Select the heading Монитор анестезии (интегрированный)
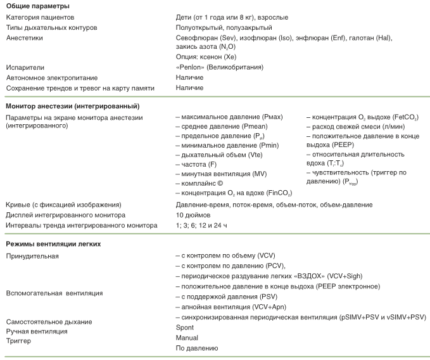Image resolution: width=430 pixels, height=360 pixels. (72, 106)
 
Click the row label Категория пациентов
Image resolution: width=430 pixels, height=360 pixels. (40, 18)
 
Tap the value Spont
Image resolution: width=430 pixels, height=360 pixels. (185, 328)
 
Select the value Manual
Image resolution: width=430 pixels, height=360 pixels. (187, 338)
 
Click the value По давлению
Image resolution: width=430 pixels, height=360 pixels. (197, 348)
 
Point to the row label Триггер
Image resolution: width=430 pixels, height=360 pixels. (18, 341)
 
